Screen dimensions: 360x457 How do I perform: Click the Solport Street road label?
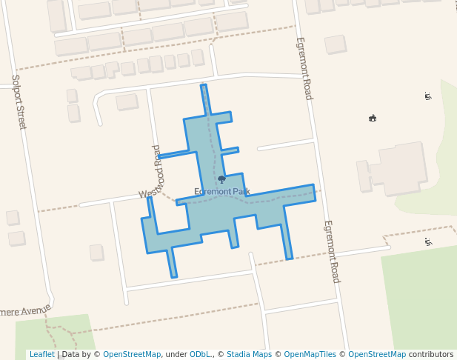19,102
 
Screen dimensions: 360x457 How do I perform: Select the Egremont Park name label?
222,192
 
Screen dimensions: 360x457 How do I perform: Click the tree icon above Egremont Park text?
221,179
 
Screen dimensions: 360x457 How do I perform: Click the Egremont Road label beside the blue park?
331,251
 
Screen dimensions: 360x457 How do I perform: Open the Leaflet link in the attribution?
41,355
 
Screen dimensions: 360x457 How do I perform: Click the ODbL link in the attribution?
200,355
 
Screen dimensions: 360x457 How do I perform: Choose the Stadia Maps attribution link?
249,355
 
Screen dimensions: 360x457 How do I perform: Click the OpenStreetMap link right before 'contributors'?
377,355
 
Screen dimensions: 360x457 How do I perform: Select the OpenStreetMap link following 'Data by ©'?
132,355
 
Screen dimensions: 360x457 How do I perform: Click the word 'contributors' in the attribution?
431,355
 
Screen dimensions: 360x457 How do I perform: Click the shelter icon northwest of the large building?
373,118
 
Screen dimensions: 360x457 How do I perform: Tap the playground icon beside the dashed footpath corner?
428,241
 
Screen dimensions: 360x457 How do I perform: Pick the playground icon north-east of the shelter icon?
427,96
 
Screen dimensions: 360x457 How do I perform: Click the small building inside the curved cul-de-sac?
127,101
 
